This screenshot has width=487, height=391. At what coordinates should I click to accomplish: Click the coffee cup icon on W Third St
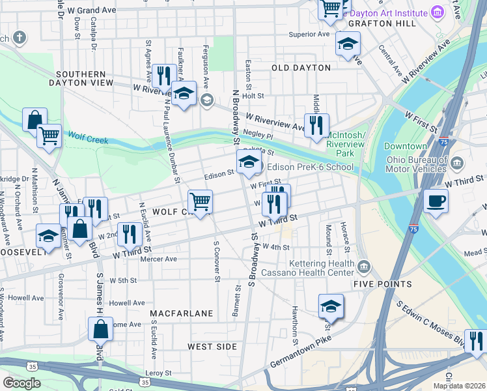(435, 201)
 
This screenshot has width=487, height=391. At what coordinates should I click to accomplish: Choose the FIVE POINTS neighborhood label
(382, 284)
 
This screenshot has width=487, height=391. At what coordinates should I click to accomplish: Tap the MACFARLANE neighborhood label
(182, 313)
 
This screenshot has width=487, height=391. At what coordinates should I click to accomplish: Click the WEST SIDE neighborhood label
(212, 346)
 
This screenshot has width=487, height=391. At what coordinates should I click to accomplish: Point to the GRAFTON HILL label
(372, 23)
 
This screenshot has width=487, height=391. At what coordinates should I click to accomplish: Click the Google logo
(21, 383)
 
